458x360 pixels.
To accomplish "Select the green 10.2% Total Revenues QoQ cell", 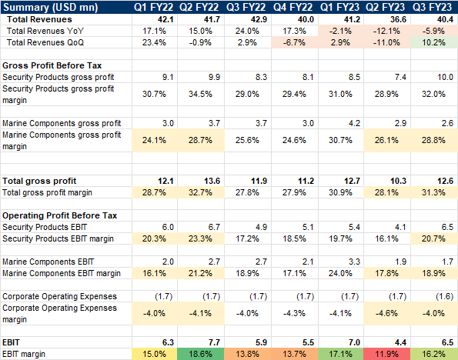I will pyautogui.click(x=435, y=42).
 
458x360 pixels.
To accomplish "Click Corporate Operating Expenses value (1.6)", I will pyautogui.click(x=435, y=295).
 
